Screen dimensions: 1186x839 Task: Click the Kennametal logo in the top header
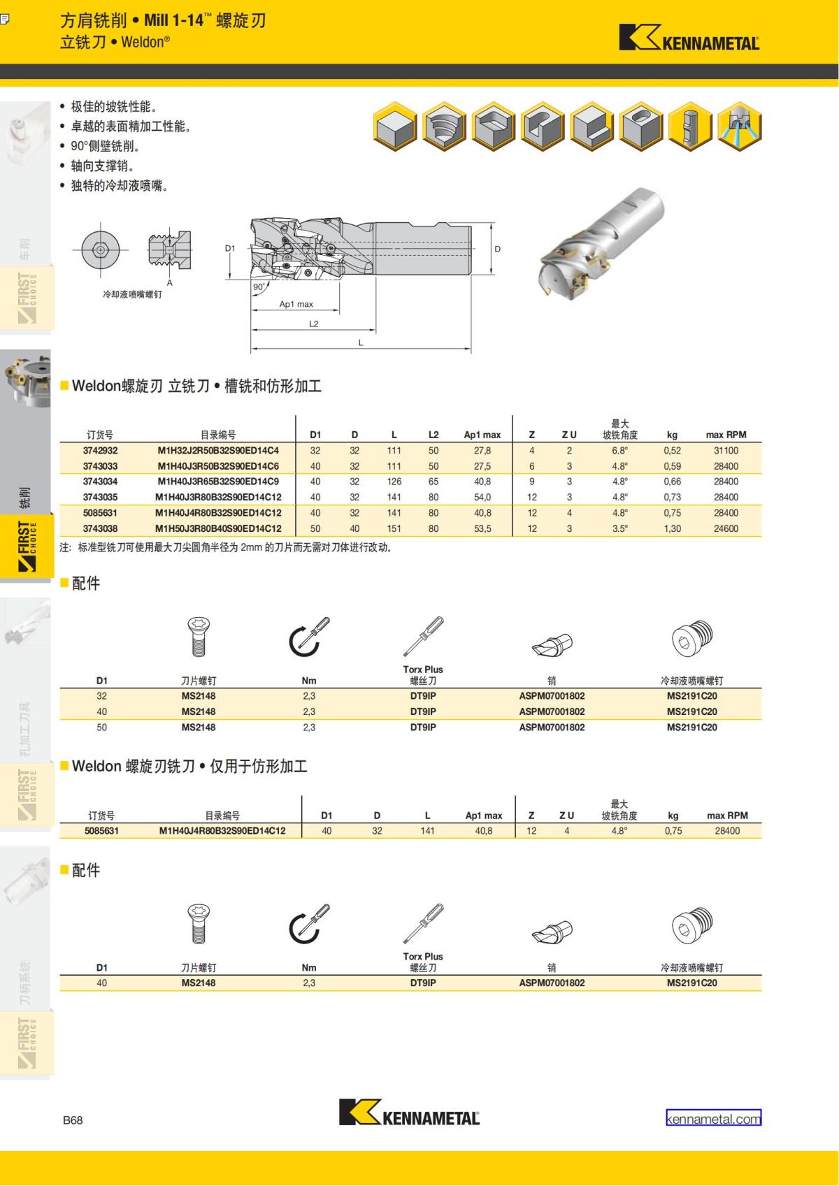click(x=689, y=38)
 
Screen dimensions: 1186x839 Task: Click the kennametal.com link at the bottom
click(x=713, y=1118)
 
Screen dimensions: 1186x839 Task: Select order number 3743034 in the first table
click(x=100, y=482)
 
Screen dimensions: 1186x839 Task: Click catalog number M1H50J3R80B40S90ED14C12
click(x=218, y=528)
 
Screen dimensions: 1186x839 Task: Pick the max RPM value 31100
click(x=726, y=451)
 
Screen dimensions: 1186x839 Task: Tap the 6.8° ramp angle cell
click(x=619, y=451)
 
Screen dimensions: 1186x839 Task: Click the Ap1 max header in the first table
click(x=482, y=435)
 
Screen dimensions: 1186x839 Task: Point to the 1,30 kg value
click(x=672, y=528)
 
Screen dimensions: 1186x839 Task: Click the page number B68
click(x=73, y=1120)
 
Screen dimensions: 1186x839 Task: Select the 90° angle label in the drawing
click(x=259, y=287)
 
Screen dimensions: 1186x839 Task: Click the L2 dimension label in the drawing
click(x=313, y=324)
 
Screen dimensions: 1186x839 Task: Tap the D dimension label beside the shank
click(x=497, y=249)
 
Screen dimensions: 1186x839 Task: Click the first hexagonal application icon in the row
click(x=396, y=127)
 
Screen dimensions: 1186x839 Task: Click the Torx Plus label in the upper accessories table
click(x=423, y=670)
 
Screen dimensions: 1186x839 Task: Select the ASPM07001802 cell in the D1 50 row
click(x=552, y=727)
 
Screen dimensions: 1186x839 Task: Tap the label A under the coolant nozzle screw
click(x=169, y=283)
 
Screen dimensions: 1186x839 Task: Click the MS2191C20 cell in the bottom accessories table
click(x=691, y=983)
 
